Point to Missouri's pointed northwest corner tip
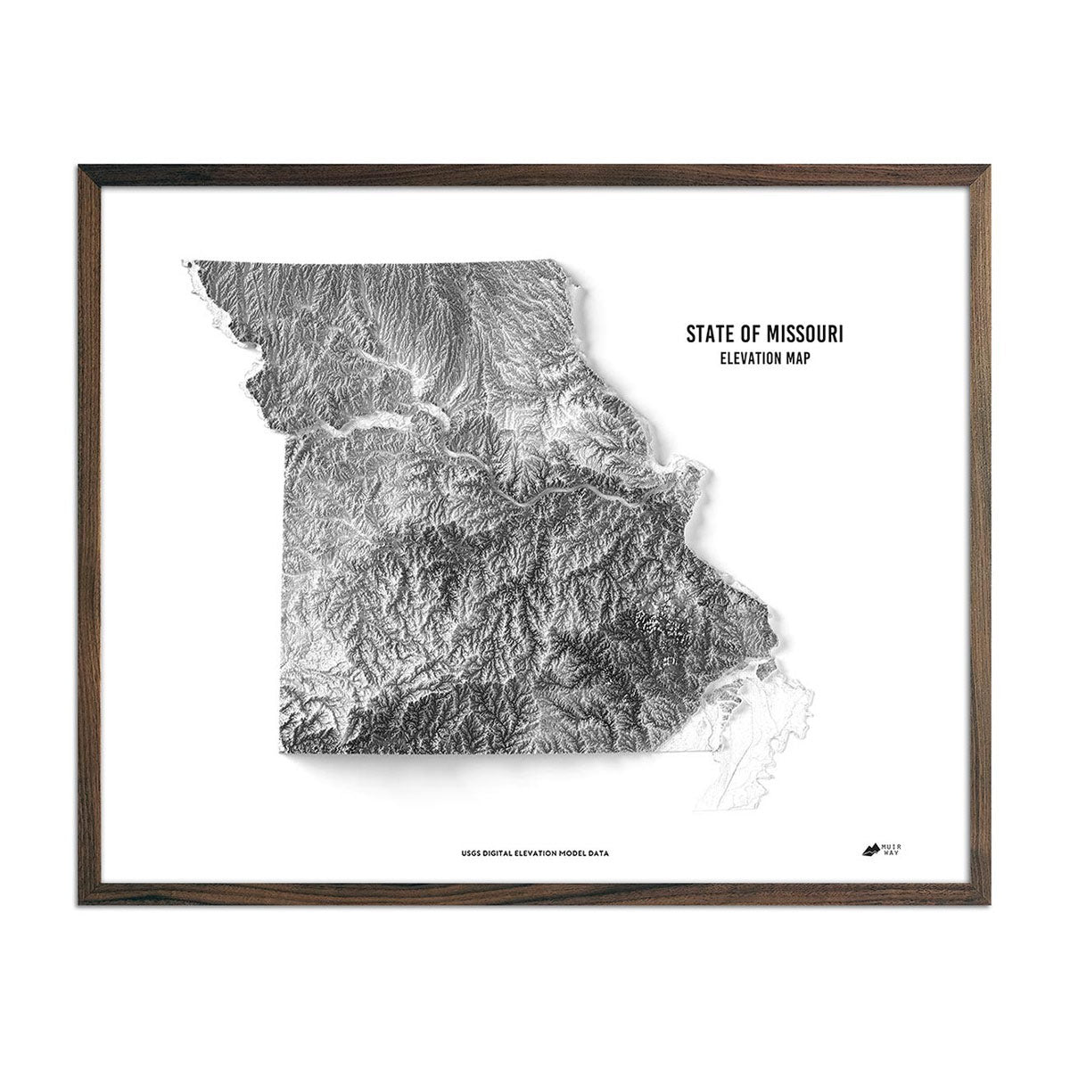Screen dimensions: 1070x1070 (x=185, y=263)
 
